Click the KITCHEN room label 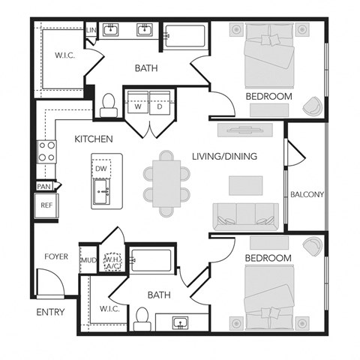pos(94,139)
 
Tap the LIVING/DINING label pos(225,157)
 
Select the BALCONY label pos(307,195)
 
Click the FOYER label pos(55,256)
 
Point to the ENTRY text pos(49,312)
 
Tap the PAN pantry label pos(43,186)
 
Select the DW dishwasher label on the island pos(100,169)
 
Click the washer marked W pos(137,106)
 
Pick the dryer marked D pos(159,106)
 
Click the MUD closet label pos(88,261)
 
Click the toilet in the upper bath pos(109,103)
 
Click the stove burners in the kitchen pos(46,151)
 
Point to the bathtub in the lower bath pos(152,261)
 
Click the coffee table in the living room pos(246,184)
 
